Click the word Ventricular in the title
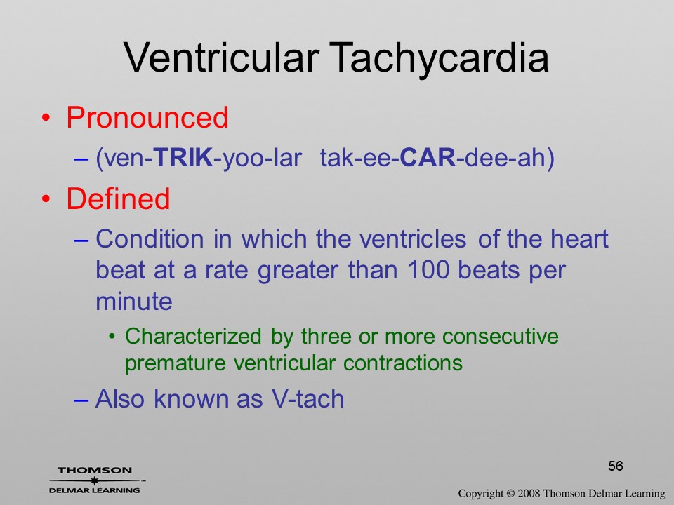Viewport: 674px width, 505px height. pyautogui.click(x=221, y=58)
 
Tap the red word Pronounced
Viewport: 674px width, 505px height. pyautogui.click(x=147, y=117)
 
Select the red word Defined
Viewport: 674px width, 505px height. pyautogui.click(x=118, y=198)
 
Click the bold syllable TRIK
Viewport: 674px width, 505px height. pyautogui.click(x=183, y=157)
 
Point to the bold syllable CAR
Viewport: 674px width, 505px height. pyautogui.click(x=428, y=157)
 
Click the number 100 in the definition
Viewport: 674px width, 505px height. pyautogui.click(x=428, y=269)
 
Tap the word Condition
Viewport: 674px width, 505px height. pyautogui.click(x=150, y=238)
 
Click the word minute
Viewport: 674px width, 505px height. pyautogui.click(x=133, y=301)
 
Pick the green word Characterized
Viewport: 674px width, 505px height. pyautogui.click(x=193, y=336)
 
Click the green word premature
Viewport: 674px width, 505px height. pyautogui.click(x=176, y=363)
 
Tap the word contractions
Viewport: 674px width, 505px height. pyautogui.click(x=403, y=363)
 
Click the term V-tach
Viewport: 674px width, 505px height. pyautogui.click(x=308, y=398)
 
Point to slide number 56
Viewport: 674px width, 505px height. pyautogui.click(x=616, y=466)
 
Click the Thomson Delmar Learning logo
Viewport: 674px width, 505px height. pyautogui.click(x=95, y=480)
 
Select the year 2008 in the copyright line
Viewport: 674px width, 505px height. pyautogui.click(x=529, y=493)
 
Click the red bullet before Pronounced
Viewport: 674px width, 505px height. pyautogui.click(x=46, y=118)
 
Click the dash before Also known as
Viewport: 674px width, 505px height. pyautogui.click(x=81, y=399)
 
